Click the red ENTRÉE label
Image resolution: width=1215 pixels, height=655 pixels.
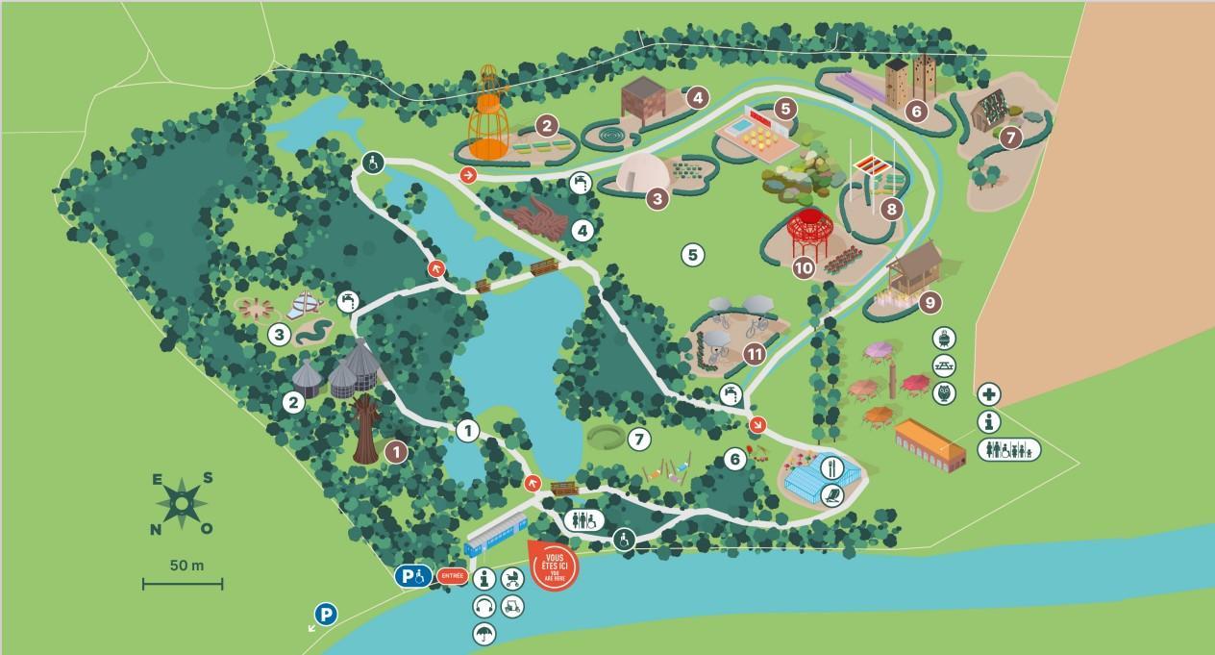pos(452,576)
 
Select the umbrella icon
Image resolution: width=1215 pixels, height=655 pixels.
pos(484,632)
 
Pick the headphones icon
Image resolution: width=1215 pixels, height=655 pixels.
pos(484,606)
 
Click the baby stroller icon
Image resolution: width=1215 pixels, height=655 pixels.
pos(512,579)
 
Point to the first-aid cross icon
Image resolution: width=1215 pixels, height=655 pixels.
pos(990,394)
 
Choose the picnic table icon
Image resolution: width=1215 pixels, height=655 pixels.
pos(944,365)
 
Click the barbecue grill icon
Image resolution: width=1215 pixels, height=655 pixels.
pos(944,339)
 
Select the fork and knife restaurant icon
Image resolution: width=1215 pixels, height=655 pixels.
pos(832,468)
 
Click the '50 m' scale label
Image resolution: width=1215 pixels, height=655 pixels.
pos(186,566)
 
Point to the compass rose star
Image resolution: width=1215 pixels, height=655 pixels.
pos(181,502)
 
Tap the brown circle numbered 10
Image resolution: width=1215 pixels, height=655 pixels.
pos(804,268)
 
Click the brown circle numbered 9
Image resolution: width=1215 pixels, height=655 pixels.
pos(929,302)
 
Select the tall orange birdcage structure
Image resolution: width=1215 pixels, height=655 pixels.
pos(489,115)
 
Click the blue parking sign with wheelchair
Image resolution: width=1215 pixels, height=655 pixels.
pos(412,576)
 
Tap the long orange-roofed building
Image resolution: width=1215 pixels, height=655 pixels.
pos(929,444)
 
